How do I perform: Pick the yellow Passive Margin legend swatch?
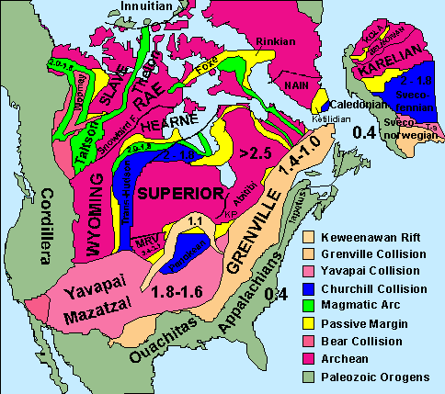[312, 322]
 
